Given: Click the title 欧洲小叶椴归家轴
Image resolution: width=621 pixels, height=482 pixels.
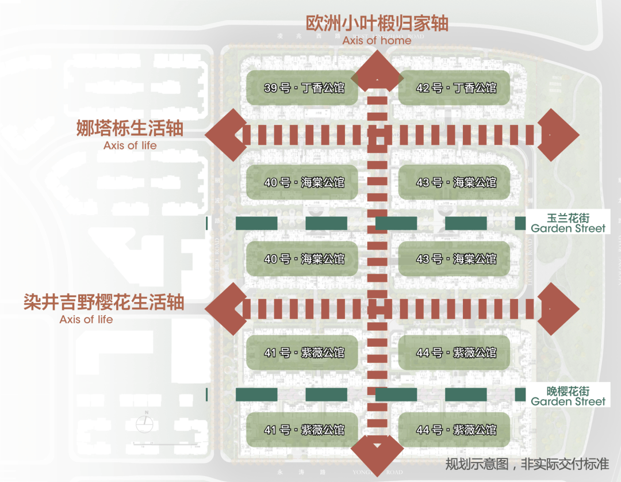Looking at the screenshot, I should pos(377,24).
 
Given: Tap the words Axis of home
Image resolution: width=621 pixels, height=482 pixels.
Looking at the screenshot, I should pos(377,40).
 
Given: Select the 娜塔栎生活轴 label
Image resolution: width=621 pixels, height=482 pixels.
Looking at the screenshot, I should pos(130,128).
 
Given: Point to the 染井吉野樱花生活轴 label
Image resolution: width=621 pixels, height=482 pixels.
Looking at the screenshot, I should pos(103,302).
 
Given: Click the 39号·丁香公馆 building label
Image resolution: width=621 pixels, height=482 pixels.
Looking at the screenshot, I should pos(304,88).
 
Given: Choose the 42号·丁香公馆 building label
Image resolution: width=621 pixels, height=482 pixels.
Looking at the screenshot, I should pos(455,88).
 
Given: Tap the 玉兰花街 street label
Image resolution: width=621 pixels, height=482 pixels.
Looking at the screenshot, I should pos(568,218).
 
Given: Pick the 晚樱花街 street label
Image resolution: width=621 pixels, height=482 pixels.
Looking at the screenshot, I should pos(568,391).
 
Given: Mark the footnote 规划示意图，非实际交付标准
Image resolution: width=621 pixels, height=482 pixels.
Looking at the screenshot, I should pos(527,464).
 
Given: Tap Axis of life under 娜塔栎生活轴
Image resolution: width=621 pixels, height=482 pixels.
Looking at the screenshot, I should pos(130,146).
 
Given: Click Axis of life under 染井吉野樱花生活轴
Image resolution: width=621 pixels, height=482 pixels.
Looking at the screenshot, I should pos(86,319).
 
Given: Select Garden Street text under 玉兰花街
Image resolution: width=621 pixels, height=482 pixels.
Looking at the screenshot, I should pos(568,228).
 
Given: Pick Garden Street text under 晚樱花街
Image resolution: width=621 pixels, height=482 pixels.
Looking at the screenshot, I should pos(568,401).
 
